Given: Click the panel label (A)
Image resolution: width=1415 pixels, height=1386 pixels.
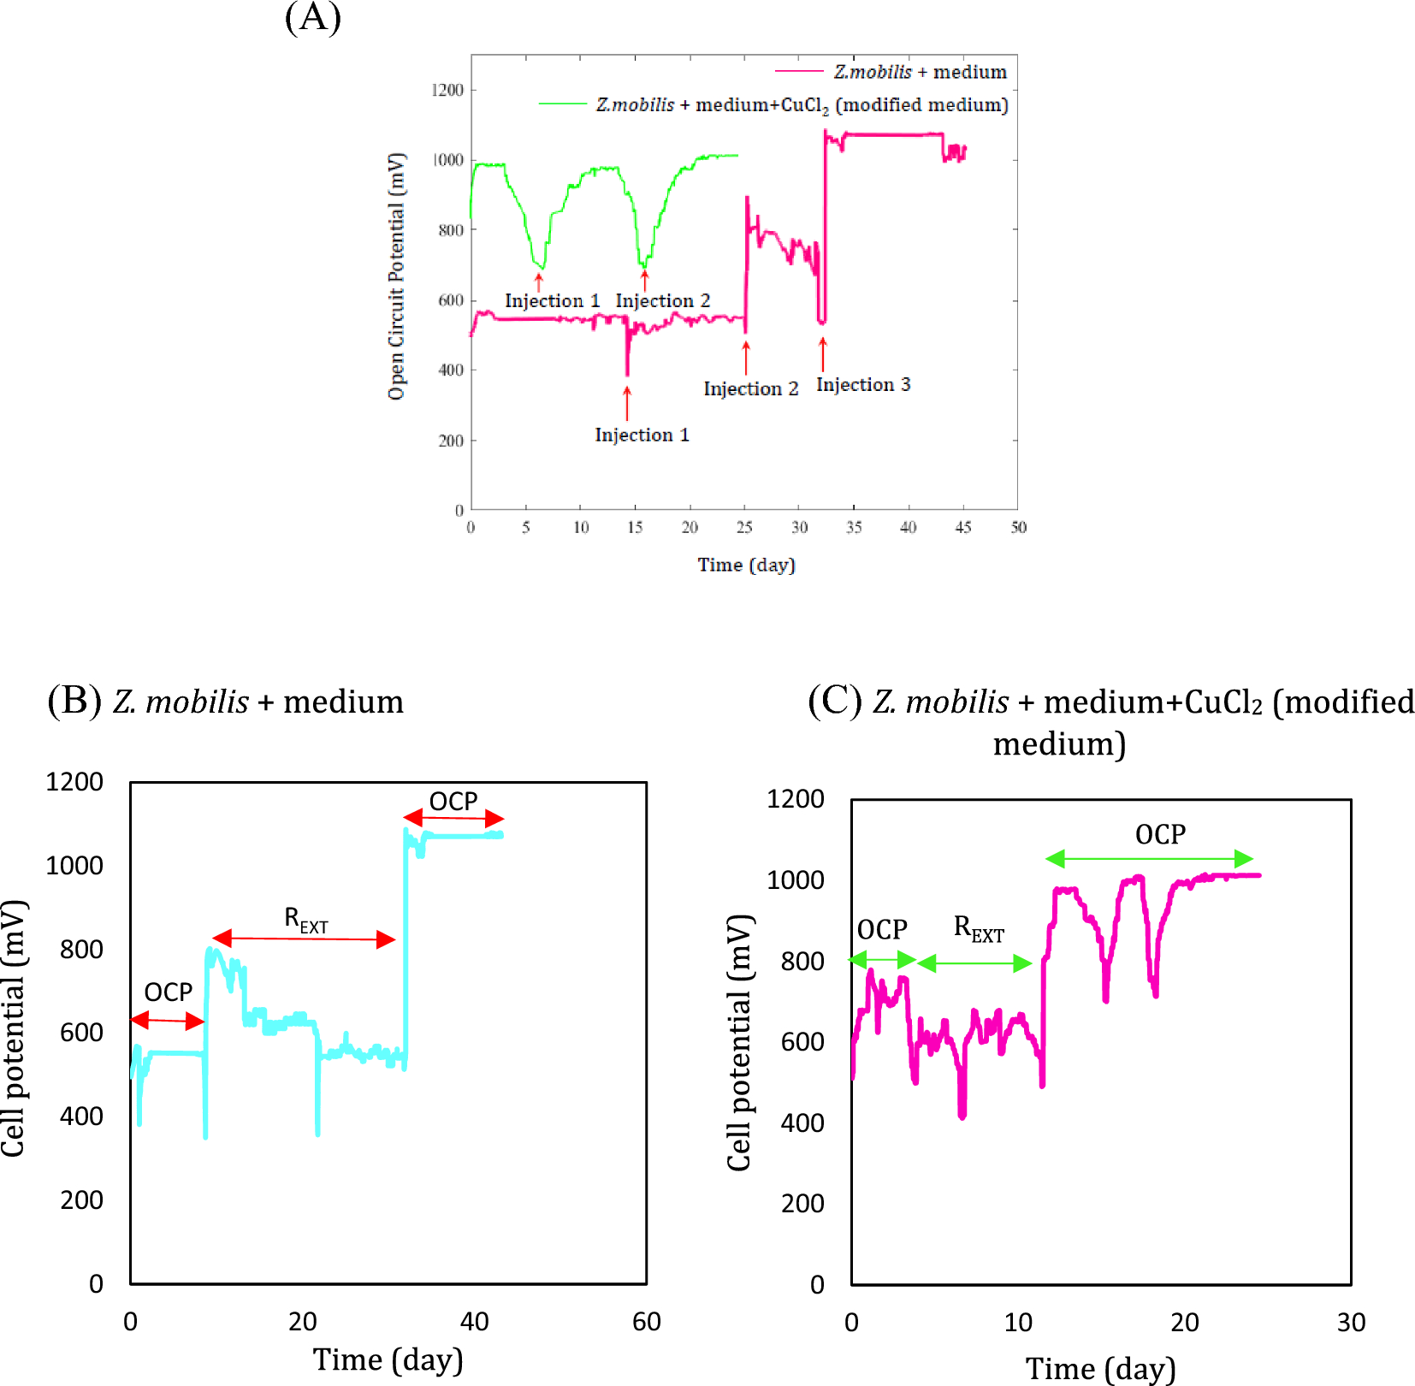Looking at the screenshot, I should [312, 17].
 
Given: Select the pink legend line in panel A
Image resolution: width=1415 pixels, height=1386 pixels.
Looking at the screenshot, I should [799, 71].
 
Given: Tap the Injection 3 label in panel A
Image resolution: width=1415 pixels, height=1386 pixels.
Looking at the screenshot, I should [863, 385].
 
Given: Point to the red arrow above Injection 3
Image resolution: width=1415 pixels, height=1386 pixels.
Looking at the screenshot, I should [823, 353].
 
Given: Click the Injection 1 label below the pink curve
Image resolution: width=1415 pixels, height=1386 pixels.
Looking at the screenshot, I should [642, 435].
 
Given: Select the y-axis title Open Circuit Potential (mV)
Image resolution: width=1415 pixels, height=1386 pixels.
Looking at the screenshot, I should [396, 275].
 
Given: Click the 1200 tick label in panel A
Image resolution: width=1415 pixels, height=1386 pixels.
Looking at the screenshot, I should [447, 90].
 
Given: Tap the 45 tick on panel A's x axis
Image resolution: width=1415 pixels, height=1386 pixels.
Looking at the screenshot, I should [963, 527].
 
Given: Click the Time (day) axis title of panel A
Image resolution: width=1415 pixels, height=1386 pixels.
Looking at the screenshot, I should [746, 565].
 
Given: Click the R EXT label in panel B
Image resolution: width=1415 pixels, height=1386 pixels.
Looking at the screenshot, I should [305, 920].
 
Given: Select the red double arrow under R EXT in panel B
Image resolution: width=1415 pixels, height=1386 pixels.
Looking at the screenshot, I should [304, 939].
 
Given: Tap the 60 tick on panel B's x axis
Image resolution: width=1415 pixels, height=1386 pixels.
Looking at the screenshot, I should [646, 1322].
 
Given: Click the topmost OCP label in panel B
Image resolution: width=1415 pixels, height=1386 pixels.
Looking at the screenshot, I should [453, 802].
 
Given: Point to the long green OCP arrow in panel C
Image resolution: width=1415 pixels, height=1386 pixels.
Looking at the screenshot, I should [1149, 858].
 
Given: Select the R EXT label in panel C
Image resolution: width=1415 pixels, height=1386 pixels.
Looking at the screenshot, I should [979, 928].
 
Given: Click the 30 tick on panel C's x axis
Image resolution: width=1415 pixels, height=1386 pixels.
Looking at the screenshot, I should [1351, 1323].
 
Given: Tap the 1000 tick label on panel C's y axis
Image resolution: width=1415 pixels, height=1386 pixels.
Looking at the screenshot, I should [796, 880].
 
